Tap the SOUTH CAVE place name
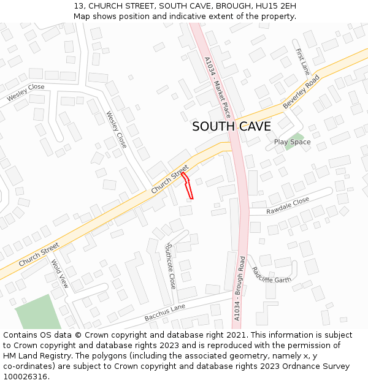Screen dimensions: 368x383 tap(231, 127)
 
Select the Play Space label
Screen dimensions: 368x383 tap(292, 142)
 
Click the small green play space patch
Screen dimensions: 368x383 tap(296, 137)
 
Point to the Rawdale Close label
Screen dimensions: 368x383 tap(288, 205)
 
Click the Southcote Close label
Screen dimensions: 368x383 tap(171, 265)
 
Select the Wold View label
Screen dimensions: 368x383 tap(60, 274)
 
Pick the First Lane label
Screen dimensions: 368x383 tap(302, 62)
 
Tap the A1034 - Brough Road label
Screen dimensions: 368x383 tap(240, 288)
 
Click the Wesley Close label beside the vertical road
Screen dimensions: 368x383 tap(117, 129)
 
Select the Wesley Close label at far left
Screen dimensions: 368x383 tap(26, 93)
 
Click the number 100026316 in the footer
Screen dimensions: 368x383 tap(26, 377)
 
